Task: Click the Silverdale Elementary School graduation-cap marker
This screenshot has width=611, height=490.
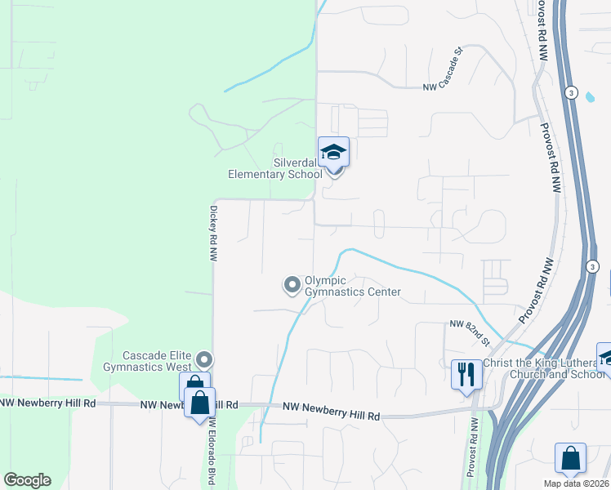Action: click(333, 152)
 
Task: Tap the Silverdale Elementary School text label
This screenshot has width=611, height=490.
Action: click(275, 168)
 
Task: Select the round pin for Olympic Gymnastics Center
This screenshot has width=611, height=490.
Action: click(292, 285)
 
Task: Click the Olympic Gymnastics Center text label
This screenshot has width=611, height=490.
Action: click(352, 286)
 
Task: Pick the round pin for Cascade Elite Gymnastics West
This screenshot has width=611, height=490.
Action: click(205, 359)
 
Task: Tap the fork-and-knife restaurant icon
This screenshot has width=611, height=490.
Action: click(466, 375)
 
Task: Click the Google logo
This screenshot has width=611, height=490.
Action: click(28, 480)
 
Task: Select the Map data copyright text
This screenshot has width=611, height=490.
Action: click(576, 483)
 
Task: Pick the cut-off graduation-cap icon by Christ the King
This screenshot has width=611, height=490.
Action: click(605, 357)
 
